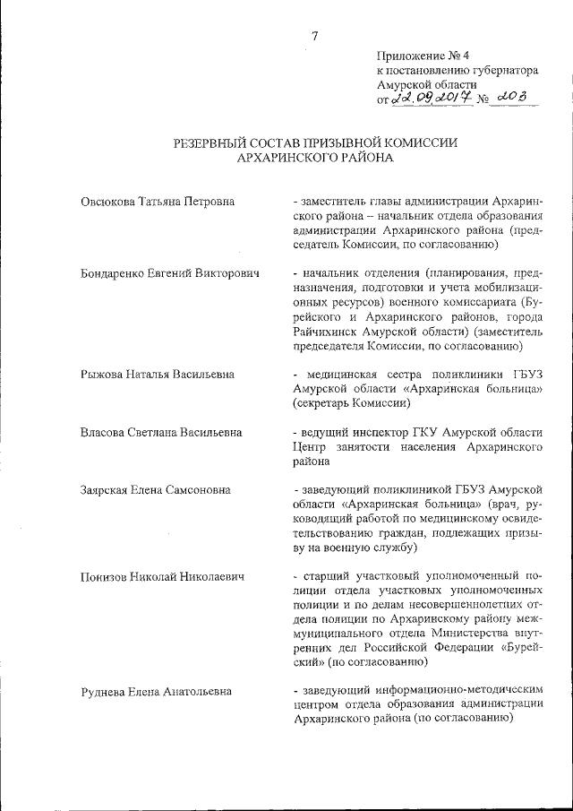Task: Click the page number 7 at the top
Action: coord(314,37)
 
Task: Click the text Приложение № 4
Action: coord(417,55)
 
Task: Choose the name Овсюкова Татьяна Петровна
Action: coord(157,201)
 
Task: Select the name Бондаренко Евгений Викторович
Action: coord(169,272)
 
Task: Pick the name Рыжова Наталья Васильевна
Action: coord(158,374)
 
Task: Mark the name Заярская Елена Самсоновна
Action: coord(156,489)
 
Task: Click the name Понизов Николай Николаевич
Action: coord(162,575)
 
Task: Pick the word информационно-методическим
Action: coord(459,691)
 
